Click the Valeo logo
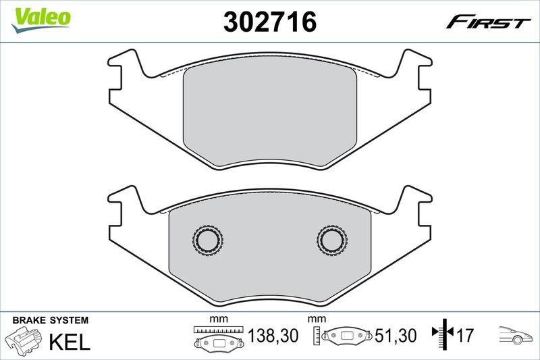[42, 17]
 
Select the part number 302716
[270, 22]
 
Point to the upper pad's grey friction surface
[270, 115]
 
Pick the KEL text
[70, 341]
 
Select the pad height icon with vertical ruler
[343, 336]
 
